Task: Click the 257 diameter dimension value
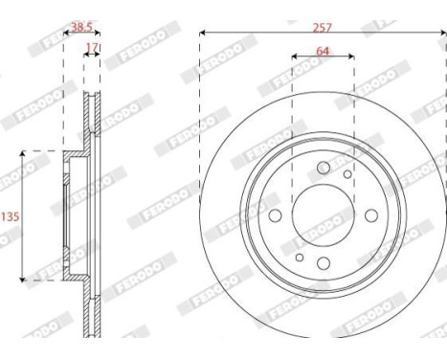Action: tap(323, 28)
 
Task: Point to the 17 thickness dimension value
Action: tap(92, 45)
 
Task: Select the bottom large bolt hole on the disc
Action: tap(324, 263)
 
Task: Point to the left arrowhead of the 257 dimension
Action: tap(203, 34)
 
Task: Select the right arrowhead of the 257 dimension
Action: tap(442, 34)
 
